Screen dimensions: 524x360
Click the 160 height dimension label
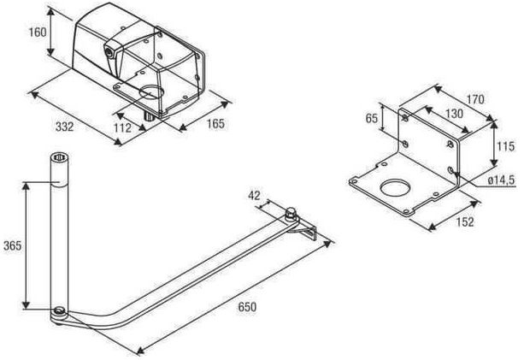tap(37, 32)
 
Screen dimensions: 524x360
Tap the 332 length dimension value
tap(64, 127)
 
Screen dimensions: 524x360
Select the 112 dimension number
tap(122, 127)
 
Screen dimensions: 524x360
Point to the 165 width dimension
tap(215, 123)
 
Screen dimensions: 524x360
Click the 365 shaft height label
tap(12, 245)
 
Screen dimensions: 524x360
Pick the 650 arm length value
tap(247, 306)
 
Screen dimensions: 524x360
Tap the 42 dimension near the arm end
tap(254, 195)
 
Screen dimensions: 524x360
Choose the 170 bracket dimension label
tap(475, 99)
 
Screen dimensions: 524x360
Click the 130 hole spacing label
tap(454, 114)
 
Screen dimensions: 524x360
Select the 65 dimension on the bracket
tap(371, 118)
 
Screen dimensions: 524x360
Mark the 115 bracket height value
tap(505, 146)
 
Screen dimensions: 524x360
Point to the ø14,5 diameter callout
tap(501, 180)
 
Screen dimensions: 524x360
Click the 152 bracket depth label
tap(464, 222)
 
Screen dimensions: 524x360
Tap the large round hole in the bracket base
tap(395, 187)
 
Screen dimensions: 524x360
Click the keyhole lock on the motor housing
tap(109, 52)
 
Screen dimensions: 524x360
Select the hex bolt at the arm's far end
tap(291, 214)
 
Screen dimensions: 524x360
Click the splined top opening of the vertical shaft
tap(60, 156)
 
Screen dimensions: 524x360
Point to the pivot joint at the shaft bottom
tap(59, 312)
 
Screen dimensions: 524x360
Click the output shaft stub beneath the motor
tap(149, 116)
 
